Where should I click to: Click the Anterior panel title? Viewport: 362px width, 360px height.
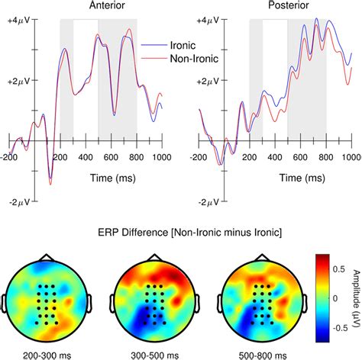pos(86,5)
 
